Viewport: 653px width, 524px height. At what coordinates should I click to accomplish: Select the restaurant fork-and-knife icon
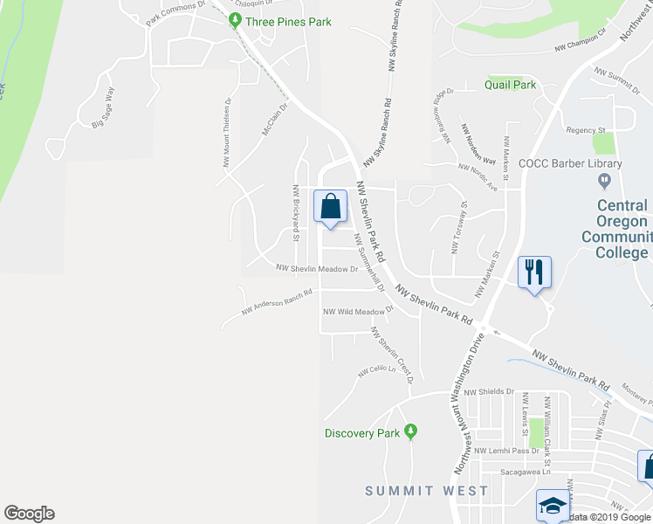click(x=533, y=271)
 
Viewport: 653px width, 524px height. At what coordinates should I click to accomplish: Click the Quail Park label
click(x=511, y=86)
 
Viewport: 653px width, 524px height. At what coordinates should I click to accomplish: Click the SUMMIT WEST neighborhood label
click(x=427, y=491)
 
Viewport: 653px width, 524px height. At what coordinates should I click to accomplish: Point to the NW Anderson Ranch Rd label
click(x=277, y=300)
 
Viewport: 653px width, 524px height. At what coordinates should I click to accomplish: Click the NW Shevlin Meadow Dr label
click(x=317, y=269)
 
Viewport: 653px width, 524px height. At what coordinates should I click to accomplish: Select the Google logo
click(x=29, y=514)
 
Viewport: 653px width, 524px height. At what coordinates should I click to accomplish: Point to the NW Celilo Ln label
click(x=376, y=370)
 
